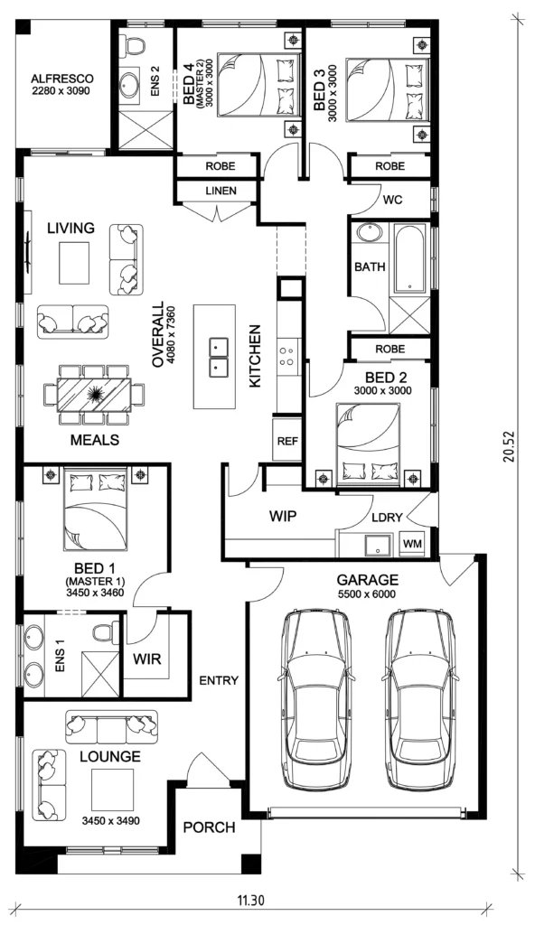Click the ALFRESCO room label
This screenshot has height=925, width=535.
(61, 79)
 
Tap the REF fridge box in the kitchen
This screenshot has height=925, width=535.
(287, 440)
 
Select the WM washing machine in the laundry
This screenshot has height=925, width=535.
(412, 543)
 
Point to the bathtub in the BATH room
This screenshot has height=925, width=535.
(408, 259)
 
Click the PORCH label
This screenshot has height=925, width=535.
(209, 827)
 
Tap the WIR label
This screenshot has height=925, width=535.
(147, 659)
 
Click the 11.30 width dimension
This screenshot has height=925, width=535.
(251, 901)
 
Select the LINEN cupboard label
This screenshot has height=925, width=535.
(221, 192)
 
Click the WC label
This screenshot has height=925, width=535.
(393, 200)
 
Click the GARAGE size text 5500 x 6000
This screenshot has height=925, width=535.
(367, 594)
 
